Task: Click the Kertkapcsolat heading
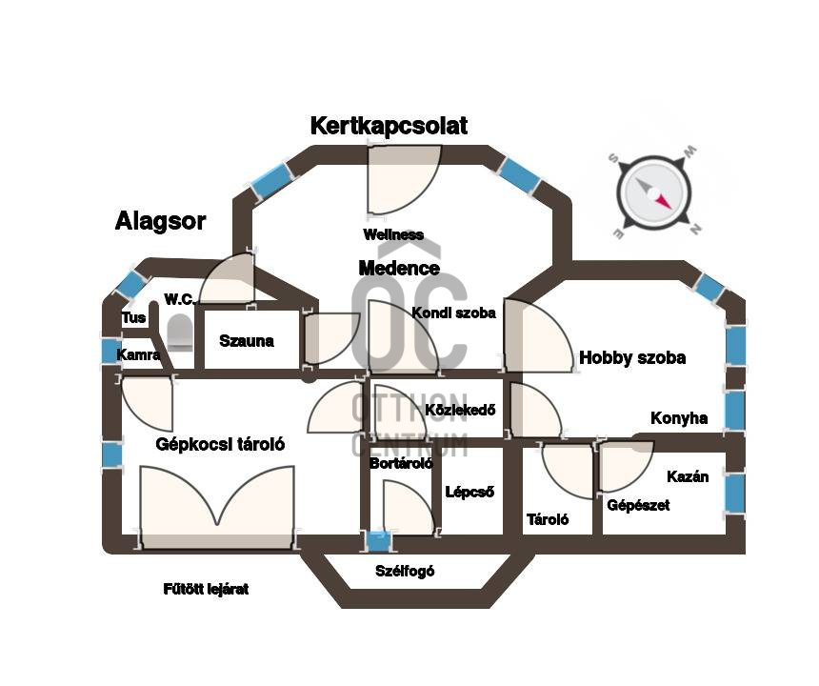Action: click(x=389, y=126)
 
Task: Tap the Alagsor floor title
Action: click(x=160, y=221)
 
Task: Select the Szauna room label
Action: click(x=246, y=341)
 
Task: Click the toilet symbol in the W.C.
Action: click(x=180, y=333)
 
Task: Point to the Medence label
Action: click(x=399, y=268)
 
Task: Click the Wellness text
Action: click(x=393, y=234)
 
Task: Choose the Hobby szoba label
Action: click(x=632, y=358)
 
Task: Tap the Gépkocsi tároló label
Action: click(x=220, y=444)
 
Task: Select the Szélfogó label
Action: click(x=405, y=571)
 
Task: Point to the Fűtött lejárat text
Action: click(x=206, y=590)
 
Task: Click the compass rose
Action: click(x=654, y=192)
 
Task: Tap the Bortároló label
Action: click(x=401, y=463)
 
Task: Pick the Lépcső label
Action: click(x=469, y=492)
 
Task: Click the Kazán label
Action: click(x=688, y=476)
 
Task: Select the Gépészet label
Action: click(x=638, y=505)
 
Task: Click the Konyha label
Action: click(x=679, y=418)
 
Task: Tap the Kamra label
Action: click(x=138, y=354)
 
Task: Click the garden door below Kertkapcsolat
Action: click(x=405, y=180)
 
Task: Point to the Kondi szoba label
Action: click(x=453, y=313)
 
